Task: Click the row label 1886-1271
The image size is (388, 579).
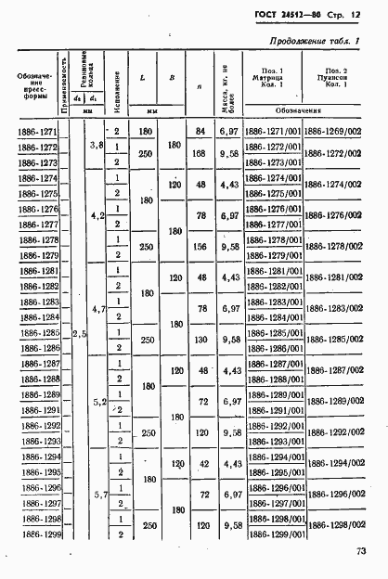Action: [x=36, y=132]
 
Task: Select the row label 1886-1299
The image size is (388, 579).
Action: [x=36, y=535]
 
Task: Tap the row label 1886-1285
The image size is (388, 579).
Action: [x=36, y=331]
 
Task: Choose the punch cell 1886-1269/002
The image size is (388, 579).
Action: [x=332, y=132]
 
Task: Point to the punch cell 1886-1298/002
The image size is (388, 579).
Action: [x=332, y=527]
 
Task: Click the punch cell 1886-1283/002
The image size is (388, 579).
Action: [x=332, y=308]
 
